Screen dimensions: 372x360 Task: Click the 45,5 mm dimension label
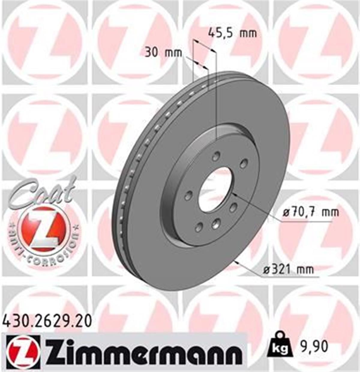coord(232,32)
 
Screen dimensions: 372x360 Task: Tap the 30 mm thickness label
coord(163,52)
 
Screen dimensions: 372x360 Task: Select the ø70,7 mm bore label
coord(311,212)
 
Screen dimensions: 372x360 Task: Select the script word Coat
coord(42,192)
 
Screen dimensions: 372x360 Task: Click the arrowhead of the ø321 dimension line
coord(238,262)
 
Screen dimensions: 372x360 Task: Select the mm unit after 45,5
coord(248,33)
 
